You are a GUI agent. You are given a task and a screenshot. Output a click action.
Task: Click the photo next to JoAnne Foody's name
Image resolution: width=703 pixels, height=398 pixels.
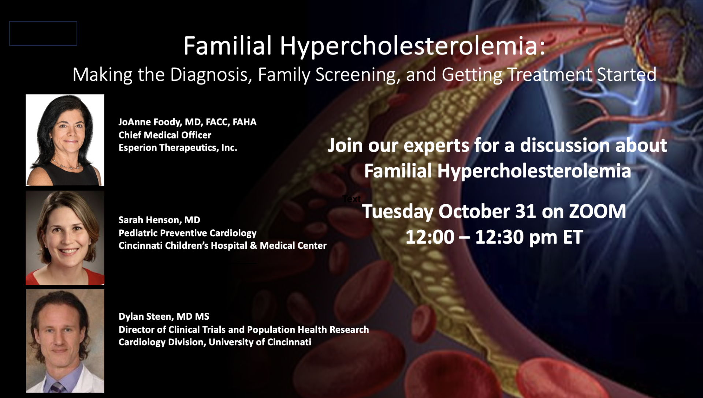coord(65,140)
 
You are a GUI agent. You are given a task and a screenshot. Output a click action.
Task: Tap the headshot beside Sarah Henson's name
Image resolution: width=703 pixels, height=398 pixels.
coord(65,238)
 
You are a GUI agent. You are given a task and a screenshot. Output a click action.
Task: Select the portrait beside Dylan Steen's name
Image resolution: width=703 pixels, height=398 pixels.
coord(65,341)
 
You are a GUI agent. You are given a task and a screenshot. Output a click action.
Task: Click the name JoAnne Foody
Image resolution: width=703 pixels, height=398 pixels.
coord(150,122)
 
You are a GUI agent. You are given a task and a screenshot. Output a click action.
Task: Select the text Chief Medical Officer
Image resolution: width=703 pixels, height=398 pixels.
coord(165,135)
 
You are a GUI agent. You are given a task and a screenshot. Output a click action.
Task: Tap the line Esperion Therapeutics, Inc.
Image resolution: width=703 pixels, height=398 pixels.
coord(178,148)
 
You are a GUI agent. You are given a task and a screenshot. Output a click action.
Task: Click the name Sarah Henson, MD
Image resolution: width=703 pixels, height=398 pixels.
coord(159,220)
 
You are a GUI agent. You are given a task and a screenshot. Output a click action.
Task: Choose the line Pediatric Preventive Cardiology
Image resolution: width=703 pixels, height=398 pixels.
coord(187,233)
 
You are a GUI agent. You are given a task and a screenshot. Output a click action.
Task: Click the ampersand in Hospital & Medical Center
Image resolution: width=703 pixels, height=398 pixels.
coord(253,245)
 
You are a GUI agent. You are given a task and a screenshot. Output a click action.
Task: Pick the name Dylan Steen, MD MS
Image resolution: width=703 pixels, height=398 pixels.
coord(164,316)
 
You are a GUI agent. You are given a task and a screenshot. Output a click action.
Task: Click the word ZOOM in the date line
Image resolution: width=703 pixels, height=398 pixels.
coord(597,211)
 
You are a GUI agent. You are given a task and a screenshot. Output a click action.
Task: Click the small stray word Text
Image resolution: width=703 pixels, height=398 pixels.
coord(351,199)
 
